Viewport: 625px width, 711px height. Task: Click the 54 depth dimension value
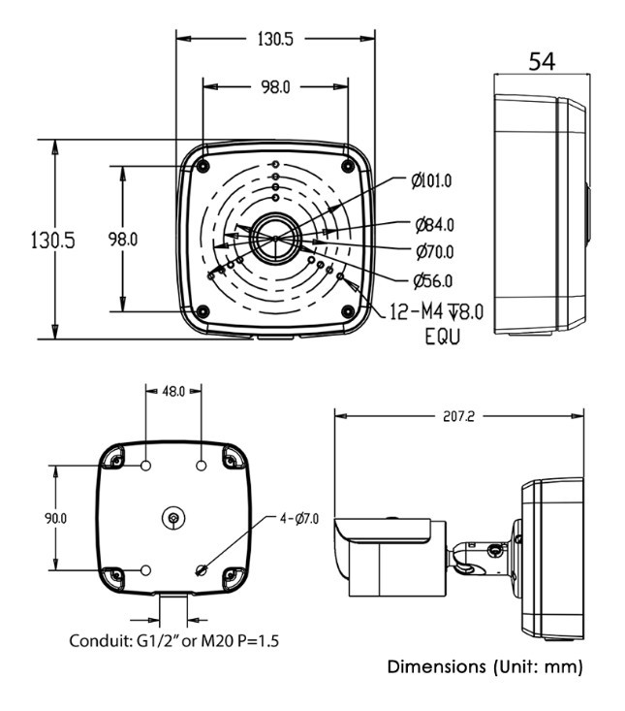542,61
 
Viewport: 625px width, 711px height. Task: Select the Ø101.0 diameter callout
431,180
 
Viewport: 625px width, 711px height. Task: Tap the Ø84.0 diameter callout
434,225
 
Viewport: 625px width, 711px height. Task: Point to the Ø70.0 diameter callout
434,252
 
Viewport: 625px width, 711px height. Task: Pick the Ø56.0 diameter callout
432,281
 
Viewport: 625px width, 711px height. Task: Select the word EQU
442,337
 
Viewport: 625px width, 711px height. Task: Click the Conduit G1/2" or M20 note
174,642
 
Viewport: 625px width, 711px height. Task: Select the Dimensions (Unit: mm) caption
485,667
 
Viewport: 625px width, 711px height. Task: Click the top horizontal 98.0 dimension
275,87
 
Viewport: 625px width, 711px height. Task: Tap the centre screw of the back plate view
172,519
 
